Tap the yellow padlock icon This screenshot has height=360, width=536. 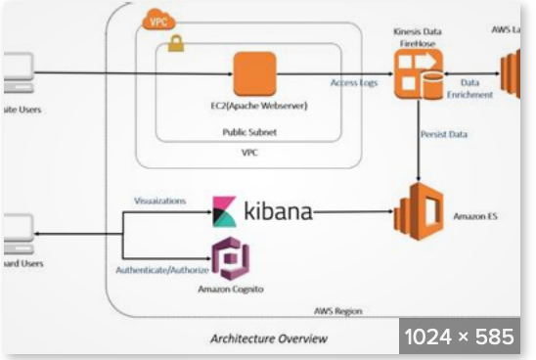click(x=176, y=43)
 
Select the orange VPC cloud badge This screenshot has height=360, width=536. click(x=156, y=18)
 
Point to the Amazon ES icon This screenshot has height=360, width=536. click(x=418, y=211)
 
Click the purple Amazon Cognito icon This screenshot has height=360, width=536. click(x=232, y=257)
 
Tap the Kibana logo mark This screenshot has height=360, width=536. click(x=225, y=210)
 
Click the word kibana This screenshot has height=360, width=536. click(x=277, y=210)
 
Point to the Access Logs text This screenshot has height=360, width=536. click(x=353, y=83)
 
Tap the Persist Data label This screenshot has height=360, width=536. click(x=443, y=134)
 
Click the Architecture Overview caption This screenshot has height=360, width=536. click(x=269, y=338)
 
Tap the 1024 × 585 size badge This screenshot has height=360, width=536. click(x=460, y=337)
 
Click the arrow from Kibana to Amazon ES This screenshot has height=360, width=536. click(x=352, y=211)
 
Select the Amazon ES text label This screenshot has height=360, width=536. click(x=476, y=214)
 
